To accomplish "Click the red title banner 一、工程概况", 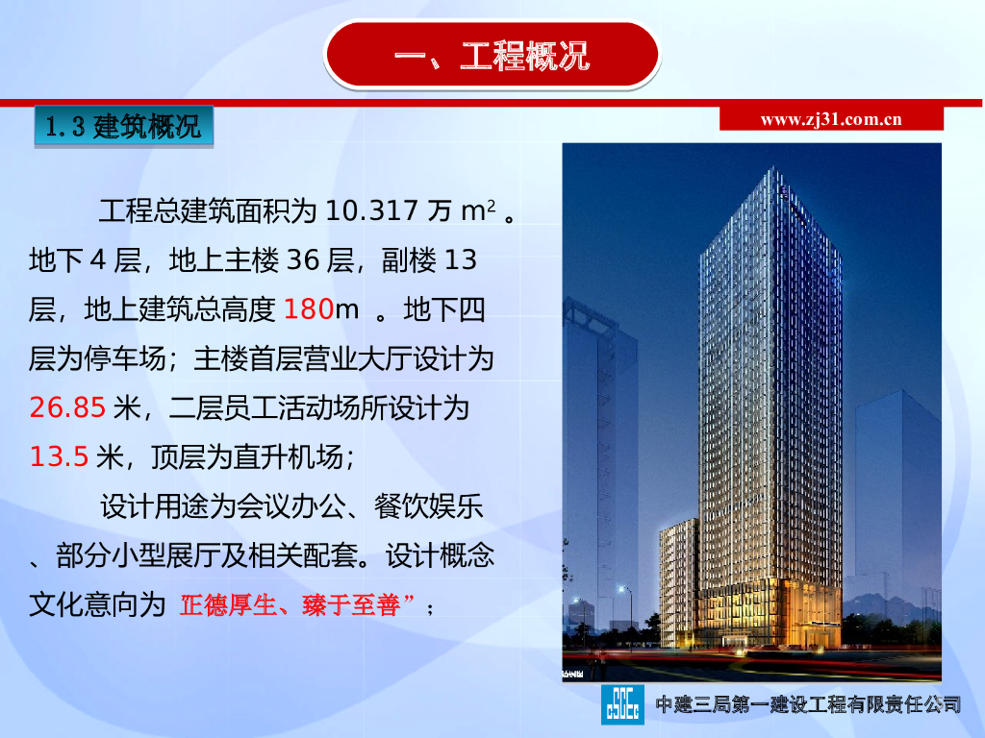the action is pyautogui.click(x=492, y=55).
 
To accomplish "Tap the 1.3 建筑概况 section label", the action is pyautogui.click(x=124, y=127).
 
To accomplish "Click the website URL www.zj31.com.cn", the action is pyautogui.click(x=830, y=119).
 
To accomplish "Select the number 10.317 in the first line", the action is pyautogui.click(x=371, y=210).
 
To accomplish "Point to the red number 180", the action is pyautogui.click(x=309, y=309).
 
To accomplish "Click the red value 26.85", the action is pyautogui.click(x=67, y=407).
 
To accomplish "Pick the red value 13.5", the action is pyautogui.click(x=59, y=456).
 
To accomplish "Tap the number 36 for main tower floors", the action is pyautogui.click(x=303, y=260).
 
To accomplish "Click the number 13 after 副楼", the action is pyautogui.click(x=461, y=260).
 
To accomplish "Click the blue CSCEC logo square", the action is pyautogui.click(x=622, y=704).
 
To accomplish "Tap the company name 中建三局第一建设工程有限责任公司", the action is pyautogui.click(x=808, y=704).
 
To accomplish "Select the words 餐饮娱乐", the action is pyautogui.click(x=428, y=506).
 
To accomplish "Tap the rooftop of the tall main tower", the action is pyautogui.click(x=772, y=171).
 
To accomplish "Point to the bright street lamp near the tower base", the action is pyautogui.click(x=622, y=590).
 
